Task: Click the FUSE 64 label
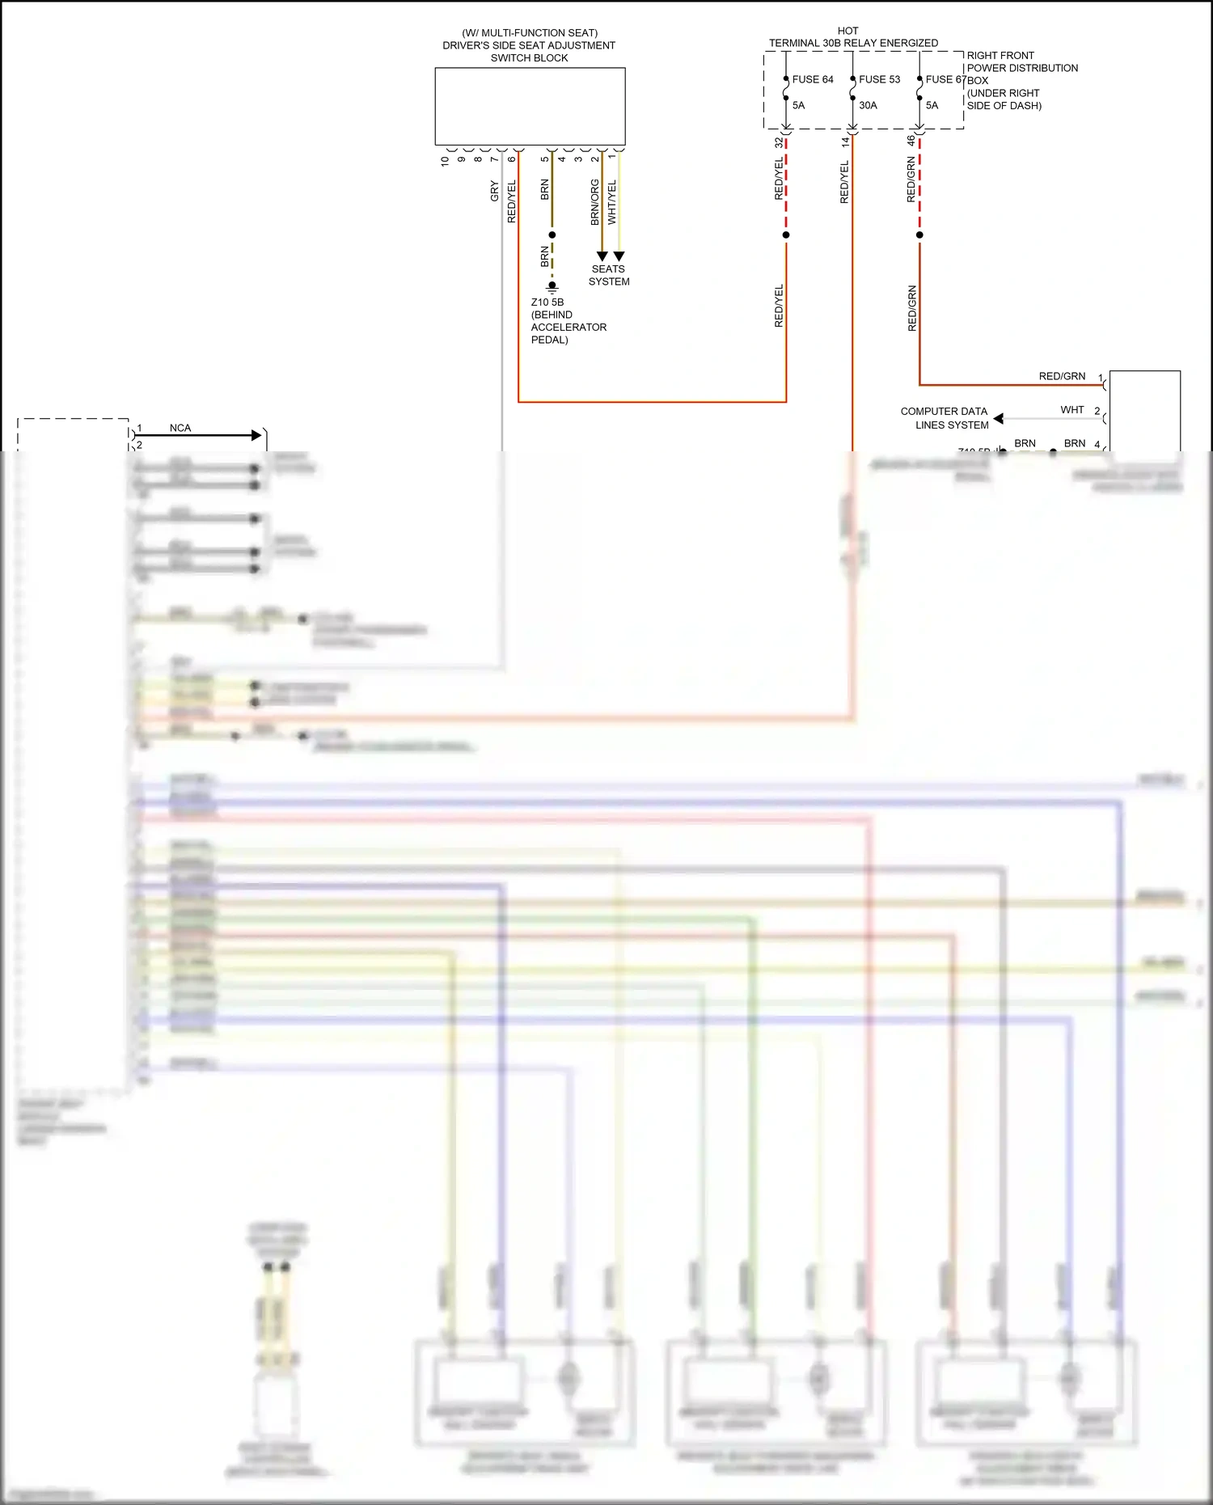click(812, 79)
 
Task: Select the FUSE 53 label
click(879, 79)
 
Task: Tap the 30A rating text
click(868, 105)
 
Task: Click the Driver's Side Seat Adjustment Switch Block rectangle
click(530, 106)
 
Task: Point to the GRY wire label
click(494, 192)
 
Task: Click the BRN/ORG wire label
click(594, 202)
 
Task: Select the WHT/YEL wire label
click(611, 202)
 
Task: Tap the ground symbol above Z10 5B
click(552, 286)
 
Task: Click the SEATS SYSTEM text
click(609, 275)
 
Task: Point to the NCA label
click(180, 428)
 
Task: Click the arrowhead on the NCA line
click(257, 435)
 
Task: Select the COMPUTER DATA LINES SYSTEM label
click(945, 418)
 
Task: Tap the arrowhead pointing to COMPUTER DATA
click(999, 418)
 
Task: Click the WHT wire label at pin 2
click(1072, 410)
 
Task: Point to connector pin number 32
click(779, 142)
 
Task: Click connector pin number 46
click(911, 141)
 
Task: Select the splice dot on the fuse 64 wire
click(786, 235)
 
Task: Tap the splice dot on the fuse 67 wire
click(919, 235)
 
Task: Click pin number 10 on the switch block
click(445, 161)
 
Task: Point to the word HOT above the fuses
click(848, 31)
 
